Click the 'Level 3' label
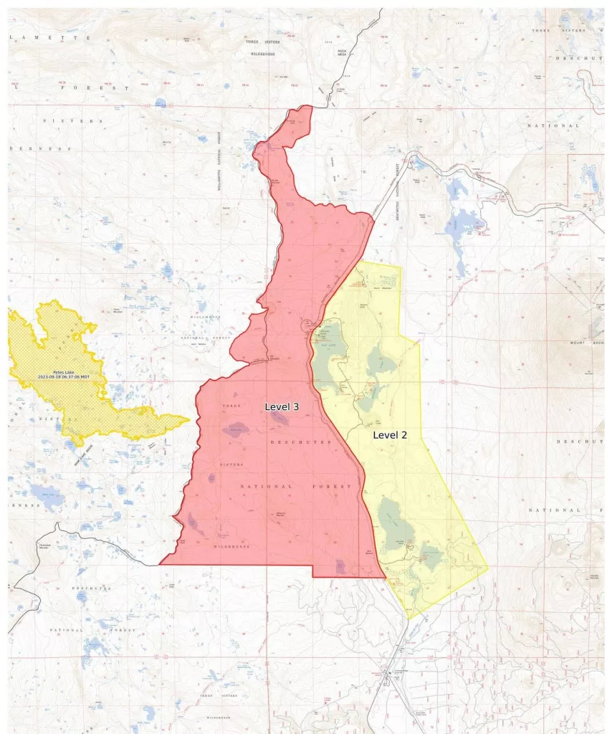click(x=282, y=406)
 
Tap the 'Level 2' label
click(x=390, y=434)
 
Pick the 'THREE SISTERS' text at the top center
click(x=263, y=42)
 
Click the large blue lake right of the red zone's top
click(x=463, y=223)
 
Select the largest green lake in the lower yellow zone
click(x=396, y=527)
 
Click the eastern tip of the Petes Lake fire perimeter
click(x=188, y=420)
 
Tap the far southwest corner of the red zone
click(x=161, y=563)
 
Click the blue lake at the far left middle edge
click(x=44, y=495)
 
